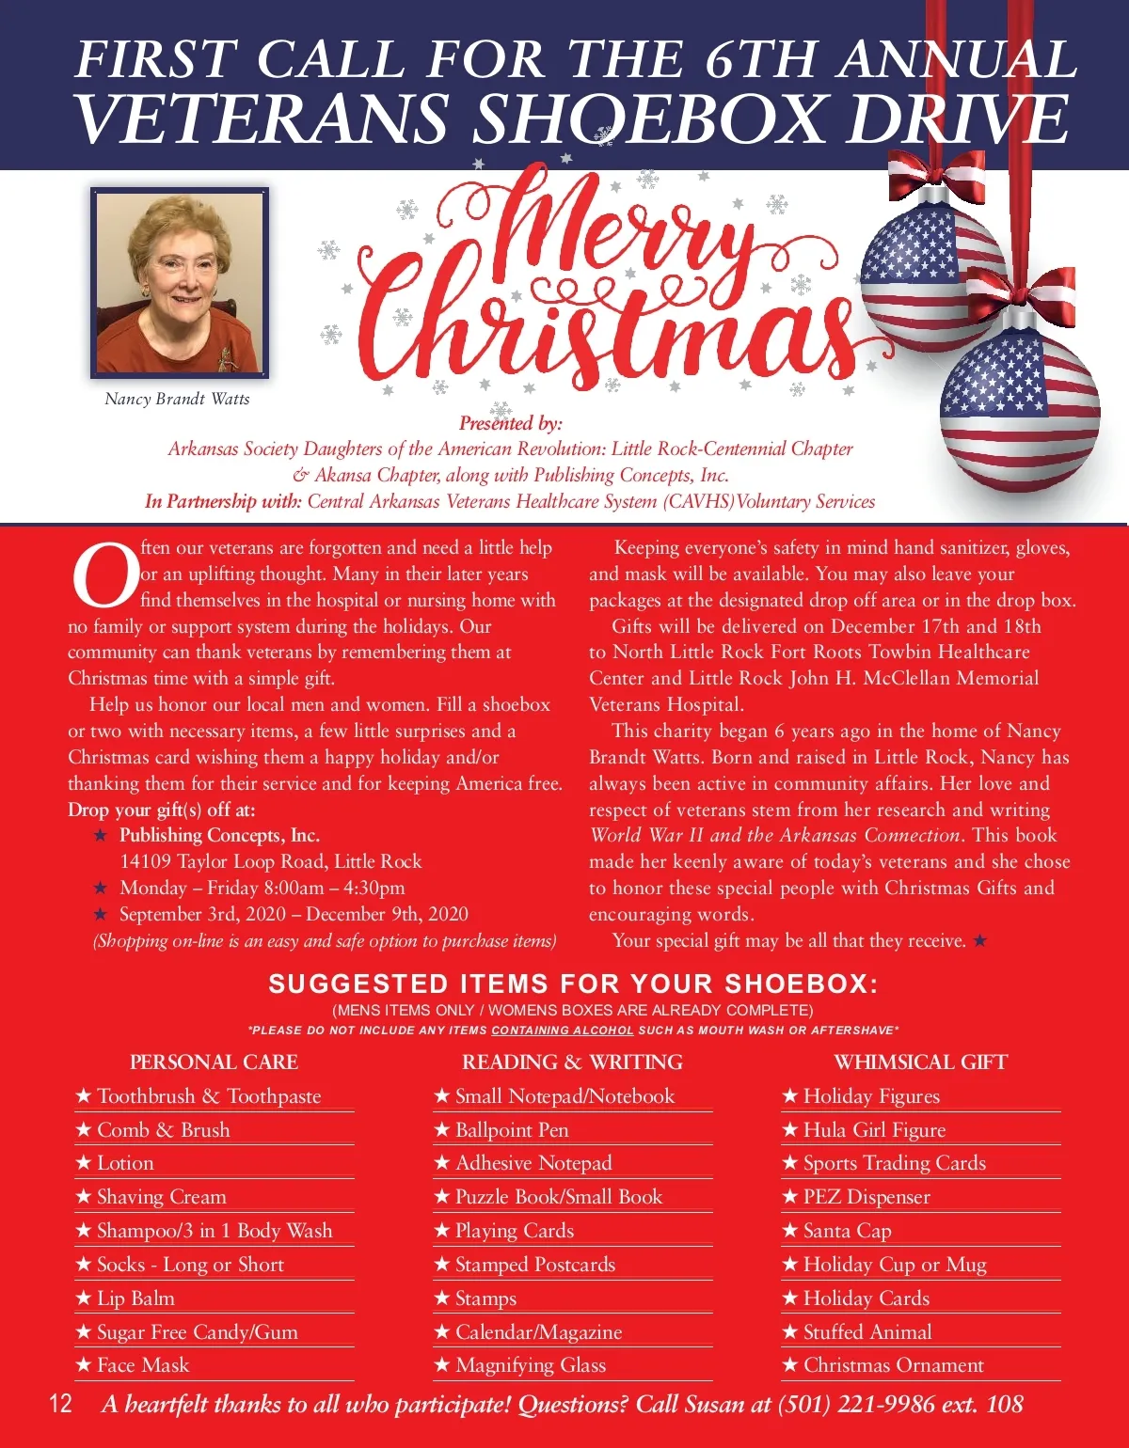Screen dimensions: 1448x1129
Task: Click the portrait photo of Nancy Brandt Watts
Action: [179, 282]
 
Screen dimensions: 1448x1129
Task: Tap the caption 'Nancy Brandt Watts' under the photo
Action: [177, 399]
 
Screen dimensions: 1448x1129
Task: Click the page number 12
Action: [60, 1404]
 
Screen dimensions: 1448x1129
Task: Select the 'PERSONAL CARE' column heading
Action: [214, 1062]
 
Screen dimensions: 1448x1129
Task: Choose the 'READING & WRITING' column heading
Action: [572, 1062]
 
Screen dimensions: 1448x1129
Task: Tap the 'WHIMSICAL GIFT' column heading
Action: [920, 1062]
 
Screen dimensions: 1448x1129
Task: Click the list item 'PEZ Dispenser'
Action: [866, 1197]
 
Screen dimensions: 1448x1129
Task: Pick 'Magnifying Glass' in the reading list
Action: [531, 1365]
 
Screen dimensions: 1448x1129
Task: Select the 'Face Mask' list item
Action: [143, 1365]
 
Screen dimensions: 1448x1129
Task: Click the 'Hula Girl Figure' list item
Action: [874, 1129]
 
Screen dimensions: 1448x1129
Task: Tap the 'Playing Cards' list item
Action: [514, 1231]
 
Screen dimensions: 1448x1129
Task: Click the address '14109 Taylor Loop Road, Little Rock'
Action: [270, 861]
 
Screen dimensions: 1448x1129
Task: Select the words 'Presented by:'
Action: [510, 422]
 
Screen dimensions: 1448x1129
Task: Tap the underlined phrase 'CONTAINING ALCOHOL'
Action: [562, 1031]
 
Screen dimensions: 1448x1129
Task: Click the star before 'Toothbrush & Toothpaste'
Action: [84, 1095]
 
